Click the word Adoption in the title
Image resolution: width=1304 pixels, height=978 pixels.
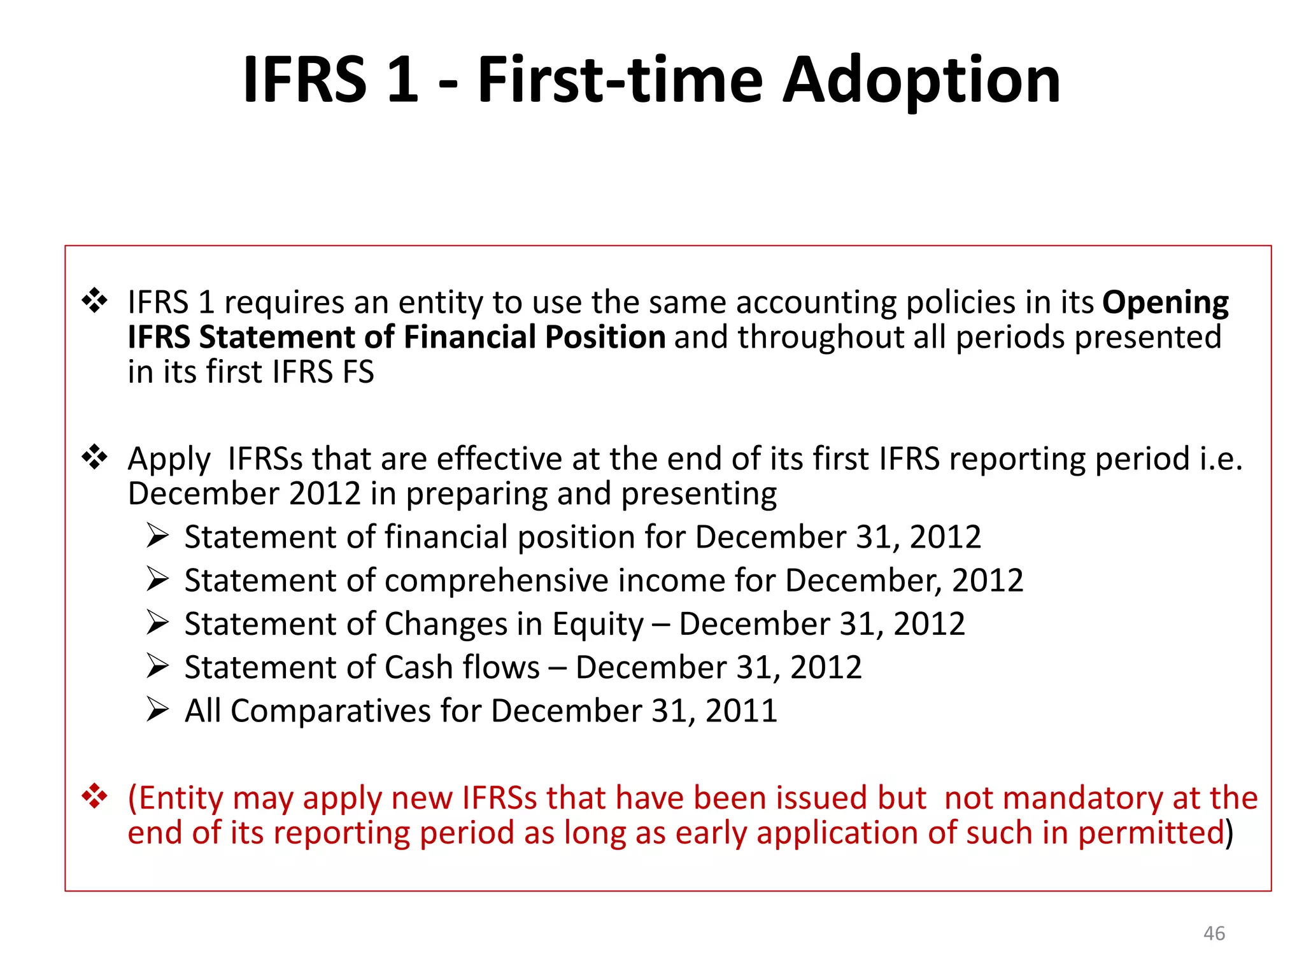point(921,81)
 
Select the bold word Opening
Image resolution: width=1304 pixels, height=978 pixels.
point(1165,303)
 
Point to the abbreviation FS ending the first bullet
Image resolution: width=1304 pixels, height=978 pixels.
point(358,372)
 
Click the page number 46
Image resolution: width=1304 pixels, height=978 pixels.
point(1214,933)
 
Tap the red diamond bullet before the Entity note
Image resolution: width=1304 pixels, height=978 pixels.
point(94,797)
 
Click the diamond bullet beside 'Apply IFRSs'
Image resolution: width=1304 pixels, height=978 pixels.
point(94,457)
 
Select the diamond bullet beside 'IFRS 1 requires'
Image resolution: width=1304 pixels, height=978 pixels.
point(94,301)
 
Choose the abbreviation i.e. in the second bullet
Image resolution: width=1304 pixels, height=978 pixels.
point(1221,459)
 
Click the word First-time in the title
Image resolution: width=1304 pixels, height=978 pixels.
point(620,81)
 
